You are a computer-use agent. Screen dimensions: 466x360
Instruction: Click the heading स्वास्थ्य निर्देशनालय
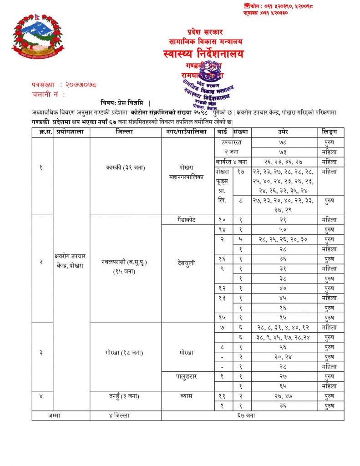[203, 54]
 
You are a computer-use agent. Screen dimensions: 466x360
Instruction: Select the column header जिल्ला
[125, 132]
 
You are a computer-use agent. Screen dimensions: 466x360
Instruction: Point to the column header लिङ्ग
[330, 132]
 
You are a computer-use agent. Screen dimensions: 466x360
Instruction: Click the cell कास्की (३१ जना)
[125, 167]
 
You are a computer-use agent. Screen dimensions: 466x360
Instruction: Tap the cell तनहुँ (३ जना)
[125, 396]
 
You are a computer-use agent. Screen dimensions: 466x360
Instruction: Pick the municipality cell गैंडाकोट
[188, 220]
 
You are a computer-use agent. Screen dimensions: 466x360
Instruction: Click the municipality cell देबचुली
[188, 262]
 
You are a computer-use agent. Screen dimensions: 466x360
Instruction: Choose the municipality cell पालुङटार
[188, 376]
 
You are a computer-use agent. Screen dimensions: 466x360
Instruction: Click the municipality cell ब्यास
[188, 396]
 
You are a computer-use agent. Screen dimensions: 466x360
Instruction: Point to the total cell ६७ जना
[253, 415]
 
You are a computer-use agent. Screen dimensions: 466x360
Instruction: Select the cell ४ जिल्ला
[125, 415]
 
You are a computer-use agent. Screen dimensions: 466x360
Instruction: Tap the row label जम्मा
[61, 415]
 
